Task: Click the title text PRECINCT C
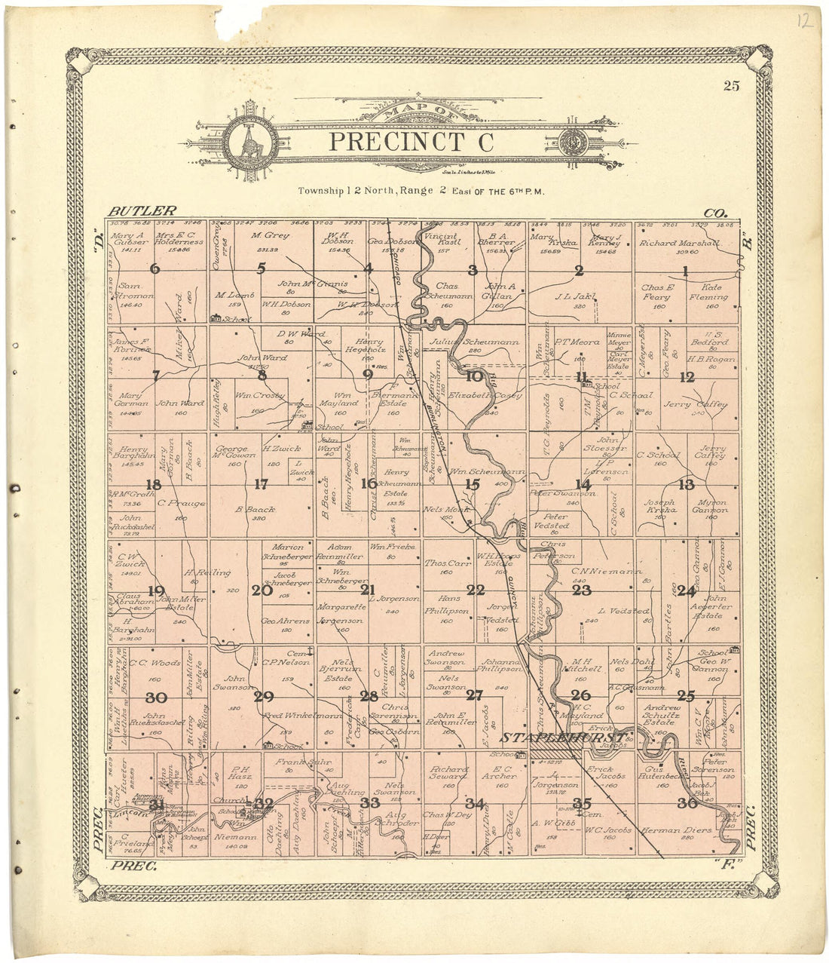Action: (x=411, y=141)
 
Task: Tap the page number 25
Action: (x=731, y=85)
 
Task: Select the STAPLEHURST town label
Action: (x=564, y=737)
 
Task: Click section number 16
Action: (x=369, y=484)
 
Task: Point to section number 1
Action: (x=686, y=271)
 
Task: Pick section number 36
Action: (x=687, y=803)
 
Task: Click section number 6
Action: (x=155, y=268)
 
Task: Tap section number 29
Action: (x=263, y=697)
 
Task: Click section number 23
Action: (x=581, y=590)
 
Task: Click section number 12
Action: (x=687, y=378)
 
